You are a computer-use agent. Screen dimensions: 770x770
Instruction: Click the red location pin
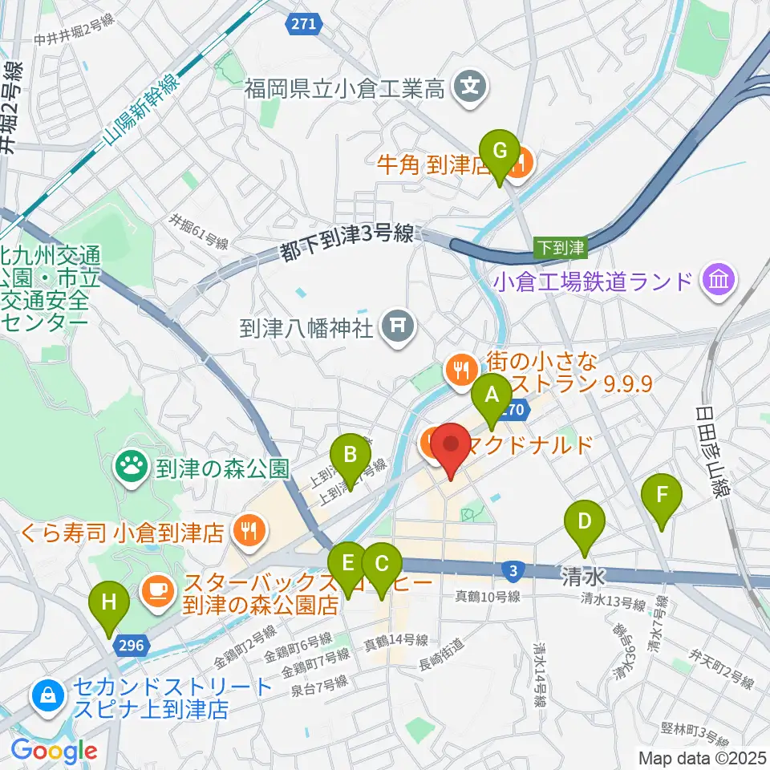[451, 449]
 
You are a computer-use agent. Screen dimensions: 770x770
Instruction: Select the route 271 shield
[302, 25]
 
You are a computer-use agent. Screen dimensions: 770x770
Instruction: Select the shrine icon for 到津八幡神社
[397, 326]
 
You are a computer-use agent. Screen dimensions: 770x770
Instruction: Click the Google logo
[54, 752]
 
